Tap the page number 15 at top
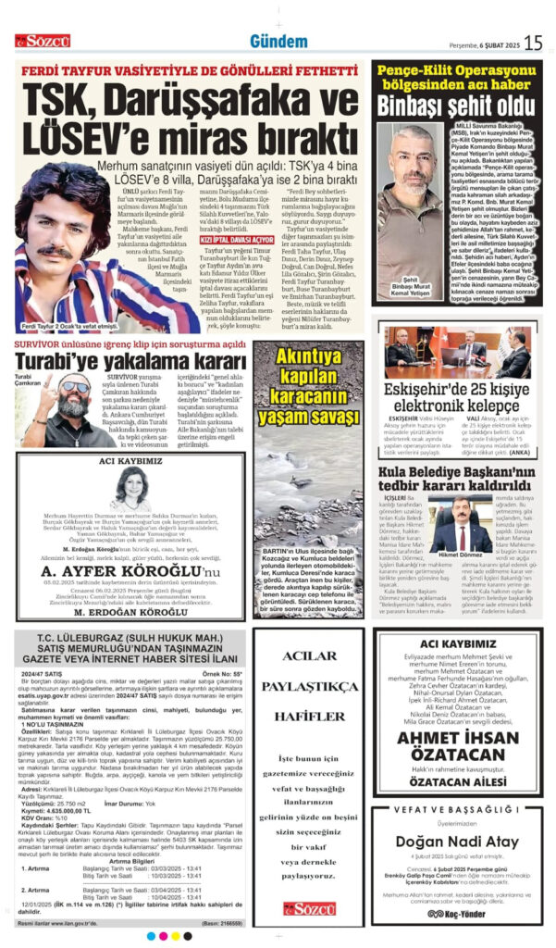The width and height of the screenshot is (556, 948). pyautogui.click(x=533, y=42)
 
